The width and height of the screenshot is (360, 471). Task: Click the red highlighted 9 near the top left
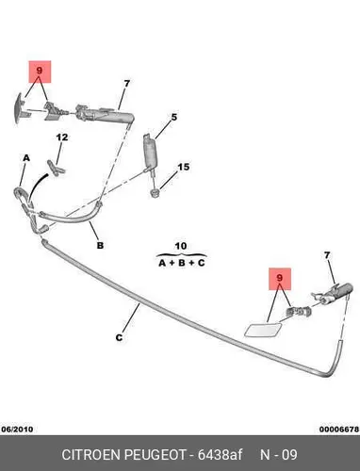[39, 71]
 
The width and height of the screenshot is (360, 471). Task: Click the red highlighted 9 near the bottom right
[280, 278]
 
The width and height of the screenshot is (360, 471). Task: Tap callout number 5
[174, 118]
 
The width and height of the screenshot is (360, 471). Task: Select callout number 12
[62, 138]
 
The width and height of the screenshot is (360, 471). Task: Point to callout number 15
[184, 167]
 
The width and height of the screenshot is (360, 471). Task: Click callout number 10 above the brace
[181, 246]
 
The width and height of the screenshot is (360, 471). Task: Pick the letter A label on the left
[26, 158]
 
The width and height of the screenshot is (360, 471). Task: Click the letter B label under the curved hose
[100, 245]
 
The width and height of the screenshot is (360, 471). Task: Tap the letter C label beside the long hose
[119, 338]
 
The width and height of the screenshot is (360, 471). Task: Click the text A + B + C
[182, 263]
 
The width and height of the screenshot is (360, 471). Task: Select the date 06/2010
[17, 430]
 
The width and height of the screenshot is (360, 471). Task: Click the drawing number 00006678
[339, 430]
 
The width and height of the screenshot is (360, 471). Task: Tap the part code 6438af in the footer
[220, 454]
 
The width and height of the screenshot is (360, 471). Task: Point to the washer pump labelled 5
[149, 153]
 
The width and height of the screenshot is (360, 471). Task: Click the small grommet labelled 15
[155, 193]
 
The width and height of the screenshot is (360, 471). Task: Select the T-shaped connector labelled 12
[56, 169]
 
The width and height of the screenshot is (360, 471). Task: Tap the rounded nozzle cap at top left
[20, 108]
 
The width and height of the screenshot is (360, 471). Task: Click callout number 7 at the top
[126, 84]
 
